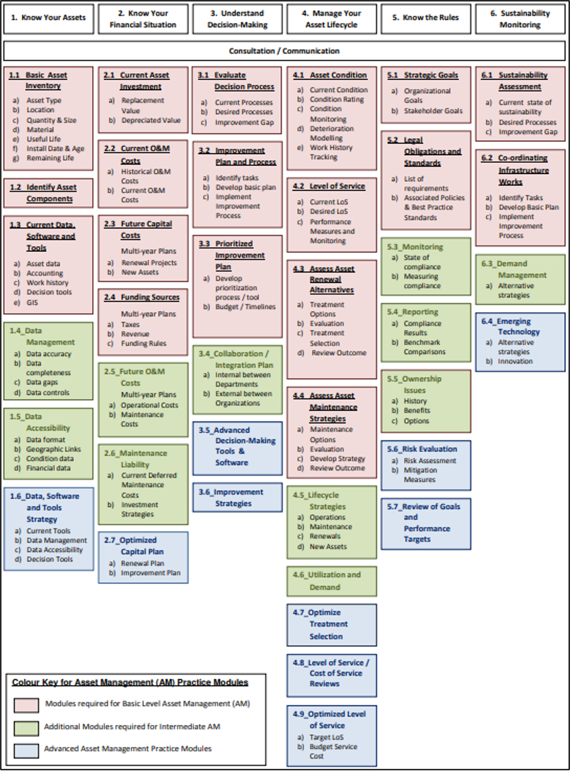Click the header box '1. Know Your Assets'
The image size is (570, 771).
49,18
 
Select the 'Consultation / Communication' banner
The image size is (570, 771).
284,50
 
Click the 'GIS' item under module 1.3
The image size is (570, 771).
33,302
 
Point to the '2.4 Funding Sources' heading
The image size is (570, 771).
142,297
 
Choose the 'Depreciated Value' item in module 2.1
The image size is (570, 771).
151,120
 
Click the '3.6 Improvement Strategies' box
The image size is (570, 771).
237,498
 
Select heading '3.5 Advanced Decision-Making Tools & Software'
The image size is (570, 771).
237,445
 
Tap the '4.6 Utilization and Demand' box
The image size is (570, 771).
332,580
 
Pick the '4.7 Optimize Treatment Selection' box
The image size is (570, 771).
332,624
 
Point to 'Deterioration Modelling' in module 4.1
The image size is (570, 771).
331,133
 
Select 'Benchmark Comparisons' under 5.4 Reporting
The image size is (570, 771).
425,347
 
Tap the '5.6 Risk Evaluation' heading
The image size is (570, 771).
425,449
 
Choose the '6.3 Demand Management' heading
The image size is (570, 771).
517,269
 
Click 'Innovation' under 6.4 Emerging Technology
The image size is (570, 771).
515,362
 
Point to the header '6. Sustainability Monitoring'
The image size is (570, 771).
520,18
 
